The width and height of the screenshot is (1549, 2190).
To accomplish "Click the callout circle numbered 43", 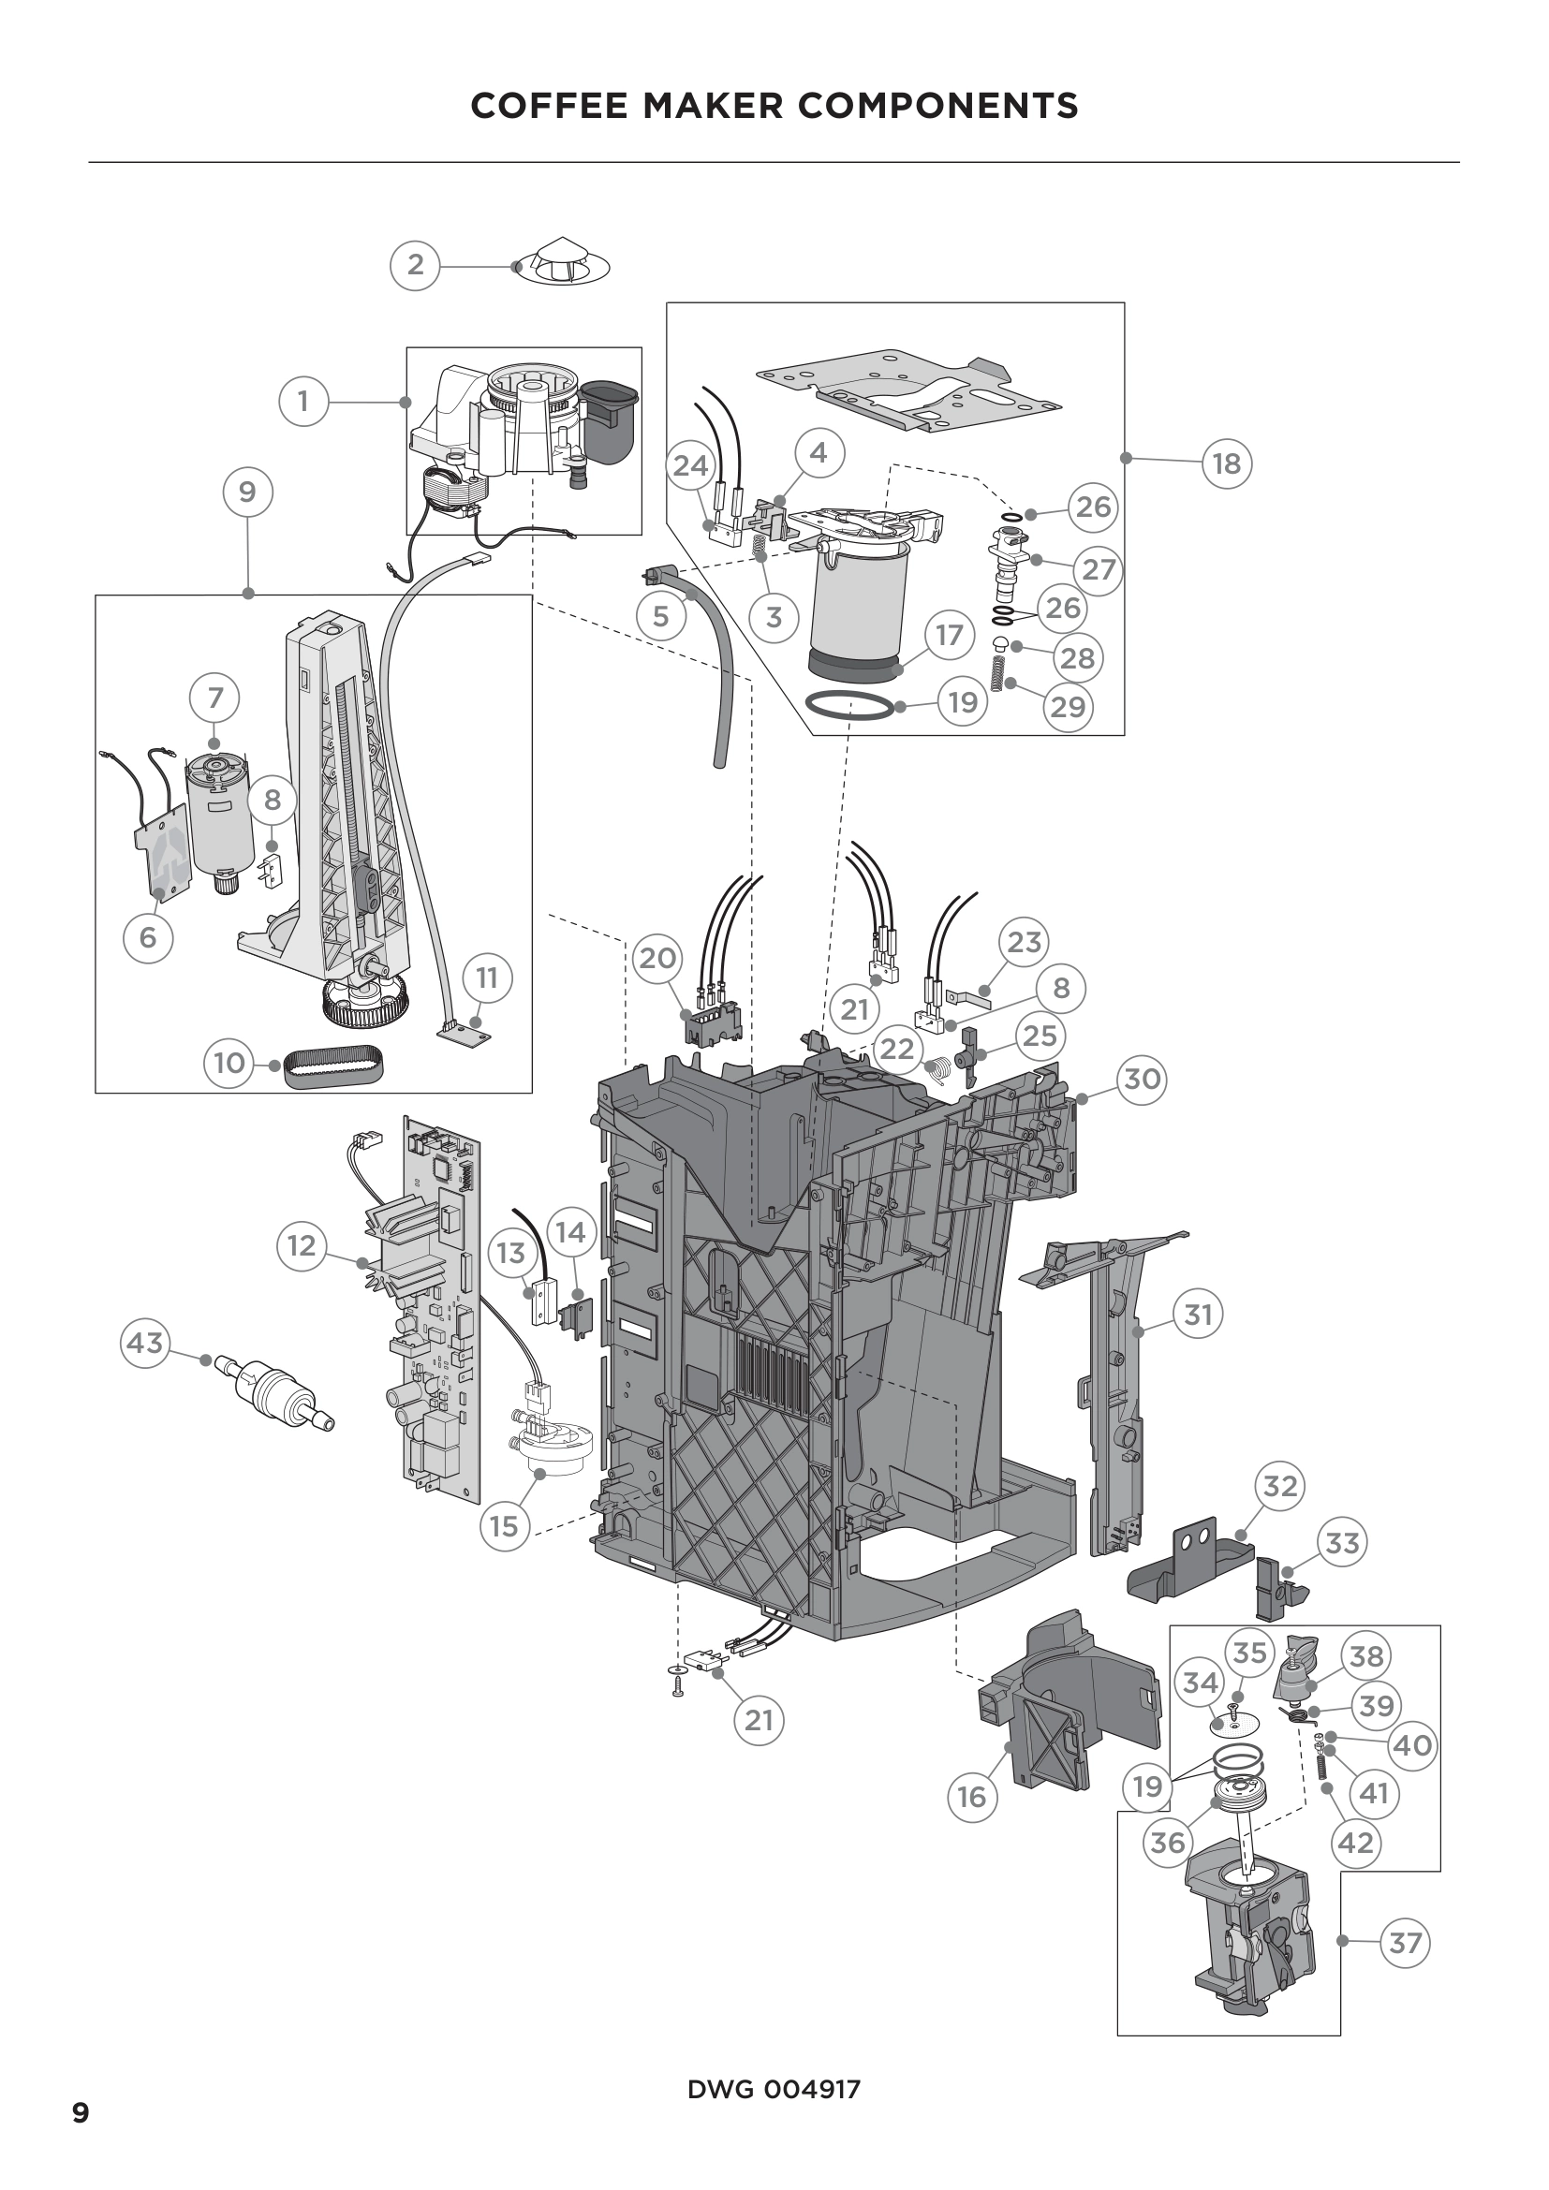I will (x=145, y=1343).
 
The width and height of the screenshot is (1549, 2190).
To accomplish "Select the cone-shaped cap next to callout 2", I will (x=561, y=261).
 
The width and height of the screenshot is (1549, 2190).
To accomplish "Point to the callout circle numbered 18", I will (x=1227, y=463).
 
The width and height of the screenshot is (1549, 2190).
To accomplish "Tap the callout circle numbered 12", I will (x=302, y=1245).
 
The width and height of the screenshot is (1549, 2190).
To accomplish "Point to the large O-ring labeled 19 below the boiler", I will (x=849, y=707).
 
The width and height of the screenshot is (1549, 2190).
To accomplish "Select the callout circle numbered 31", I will (x=1198, y=1315).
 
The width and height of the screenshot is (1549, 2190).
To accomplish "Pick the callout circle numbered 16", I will (x=971, y=1797).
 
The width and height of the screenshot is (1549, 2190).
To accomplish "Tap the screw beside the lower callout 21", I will (x=678, y=1689).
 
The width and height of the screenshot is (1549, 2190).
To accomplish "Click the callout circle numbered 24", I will (x=691, y=465).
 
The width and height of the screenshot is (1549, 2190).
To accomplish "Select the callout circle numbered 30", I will (x=1142, y=1080).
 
